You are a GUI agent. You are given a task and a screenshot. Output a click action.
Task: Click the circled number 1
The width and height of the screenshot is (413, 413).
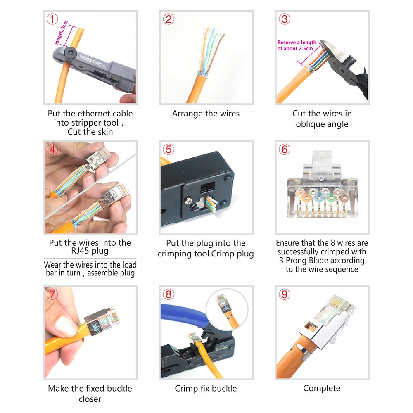(52, 19)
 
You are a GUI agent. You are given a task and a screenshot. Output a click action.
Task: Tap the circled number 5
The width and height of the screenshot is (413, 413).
(169, 150)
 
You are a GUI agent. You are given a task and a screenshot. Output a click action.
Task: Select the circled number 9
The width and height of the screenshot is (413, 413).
(285, 294)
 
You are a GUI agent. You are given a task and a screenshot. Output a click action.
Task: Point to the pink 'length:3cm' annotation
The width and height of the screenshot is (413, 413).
(61, 32)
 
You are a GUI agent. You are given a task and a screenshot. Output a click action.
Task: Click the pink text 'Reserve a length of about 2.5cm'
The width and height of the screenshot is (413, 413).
(297, 45)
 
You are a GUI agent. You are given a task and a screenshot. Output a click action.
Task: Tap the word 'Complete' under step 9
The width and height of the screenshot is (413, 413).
(322, 388)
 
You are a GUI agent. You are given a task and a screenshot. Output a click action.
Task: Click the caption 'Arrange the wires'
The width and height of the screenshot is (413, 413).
(206, 114)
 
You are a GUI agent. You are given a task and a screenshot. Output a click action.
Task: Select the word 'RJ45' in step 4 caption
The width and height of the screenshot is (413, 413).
(80, 251)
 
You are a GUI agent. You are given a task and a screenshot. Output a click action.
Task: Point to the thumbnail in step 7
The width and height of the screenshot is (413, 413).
(90, 332)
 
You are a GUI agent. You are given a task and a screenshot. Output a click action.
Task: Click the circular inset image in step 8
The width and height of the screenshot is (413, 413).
(227, 309)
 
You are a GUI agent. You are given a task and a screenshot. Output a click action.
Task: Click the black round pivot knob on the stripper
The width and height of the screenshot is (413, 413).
(71, 52)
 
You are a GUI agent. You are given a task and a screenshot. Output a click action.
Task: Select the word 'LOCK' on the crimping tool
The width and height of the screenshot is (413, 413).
(189, 366)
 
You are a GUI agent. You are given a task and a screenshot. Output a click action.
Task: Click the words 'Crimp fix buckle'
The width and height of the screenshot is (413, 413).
(206, 389)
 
